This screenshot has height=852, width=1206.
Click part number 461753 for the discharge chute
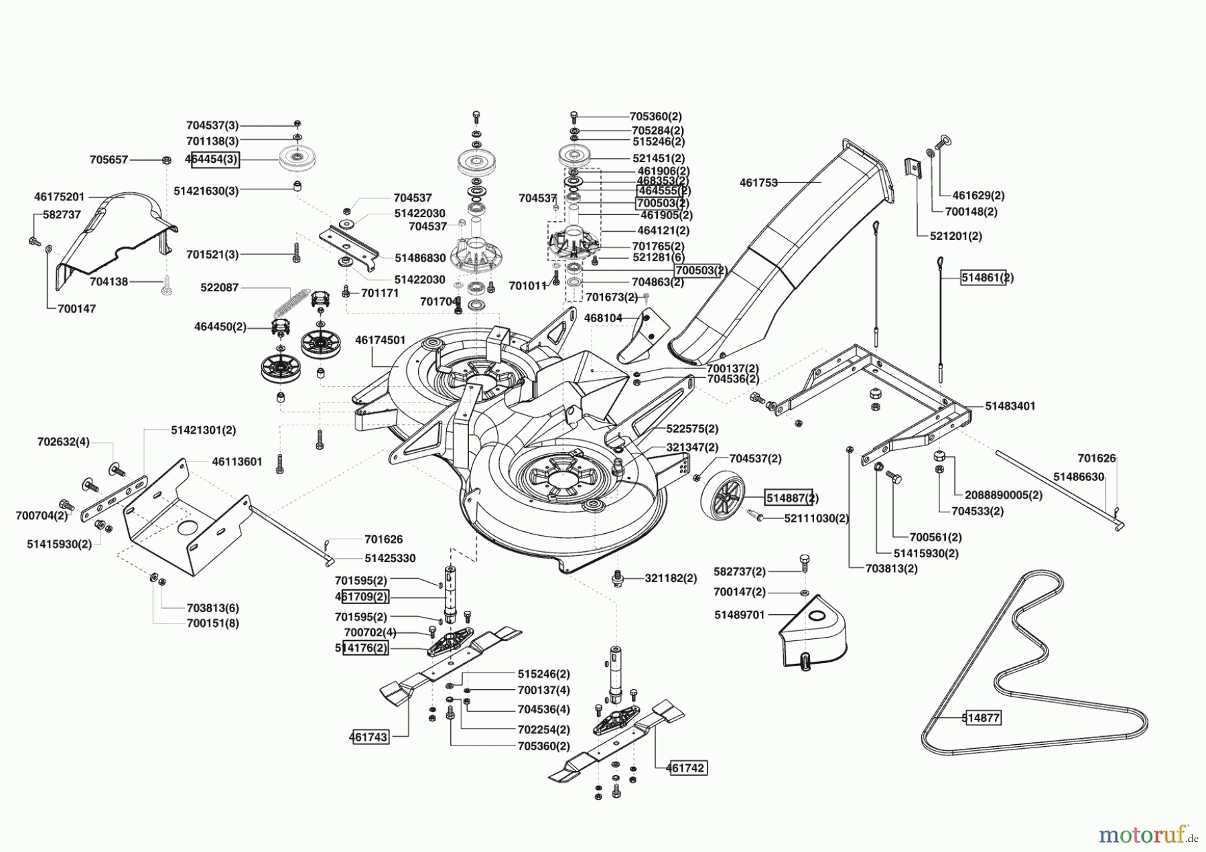[x=758, y=182]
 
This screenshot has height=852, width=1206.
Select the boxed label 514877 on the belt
[x=981, y=718]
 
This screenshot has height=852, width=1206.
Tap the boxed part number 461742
[x=686, y=768]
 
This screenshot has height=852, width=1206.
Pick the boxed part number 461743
[x=368, y=737]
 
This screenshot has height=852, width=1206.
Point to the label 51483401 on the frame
[x=1010, y=406]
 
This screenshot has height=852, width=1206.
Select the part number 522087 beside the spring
[x=220, y=287]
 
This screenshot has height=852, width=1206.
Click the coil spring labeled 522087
[x=293, y=303]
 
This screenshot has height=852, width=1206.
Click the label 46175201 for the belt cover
[x=60, y=197]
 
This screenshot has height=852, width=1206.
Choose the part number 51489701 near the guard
[x=740, y=614]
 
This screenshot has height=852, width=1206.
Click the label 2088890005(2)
[x=1004, y=495]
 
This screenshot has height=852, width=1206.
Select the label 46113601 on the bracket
[x=237, y=461]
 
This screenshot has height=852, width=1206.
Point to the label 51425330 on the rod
[x=390, y=558]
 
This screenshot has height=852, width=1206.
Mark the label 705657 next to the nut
[x=109, y=160]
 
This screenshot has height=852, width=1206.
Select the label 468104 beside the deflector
[x=603, y=317]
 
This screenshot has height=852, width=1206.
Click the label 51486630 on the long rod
[x=1079, y=477]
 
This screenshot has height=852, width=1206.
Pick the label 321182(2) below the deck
[x=671, y=578]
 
